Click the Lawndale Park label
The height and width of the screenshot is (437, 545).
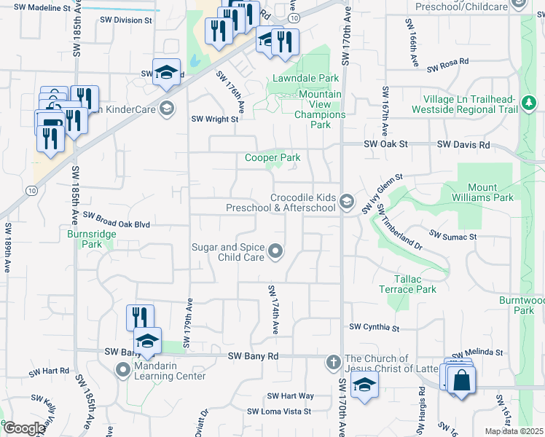(306, 78)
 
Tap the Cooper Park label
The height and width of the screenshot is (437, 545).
(272, 157)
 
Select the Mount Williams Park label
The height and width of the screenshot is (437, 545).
(487, 192)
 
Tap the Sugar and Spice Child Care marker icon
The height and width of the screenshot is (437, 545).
(275, 252)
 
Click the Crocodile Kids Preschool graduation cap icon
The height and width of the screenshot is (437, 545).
(347, 202)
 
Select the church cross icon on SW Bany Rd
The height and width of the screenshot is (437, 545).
(333, 362)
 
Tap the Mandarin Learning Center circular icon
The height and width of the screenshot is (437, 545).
(122, 371)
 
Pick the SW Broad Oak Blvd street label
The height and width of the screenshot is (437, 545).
(117, 220)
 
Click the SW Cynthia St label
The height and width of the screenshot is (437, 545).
(375, 328)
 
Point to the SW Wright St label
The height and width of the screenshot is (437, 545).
(215, 119)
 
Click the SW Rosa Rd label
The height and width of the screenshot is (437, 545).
(447, 66)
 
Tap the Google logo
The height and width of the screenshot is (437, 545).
(24, 428)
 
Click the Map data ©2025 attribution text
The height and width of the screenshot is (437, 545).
(514, 431)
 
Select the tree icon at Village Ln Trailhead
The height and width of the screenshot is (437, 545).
(530, 105)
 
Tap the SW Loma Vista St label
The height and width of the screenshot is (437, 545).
(279, 412)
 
